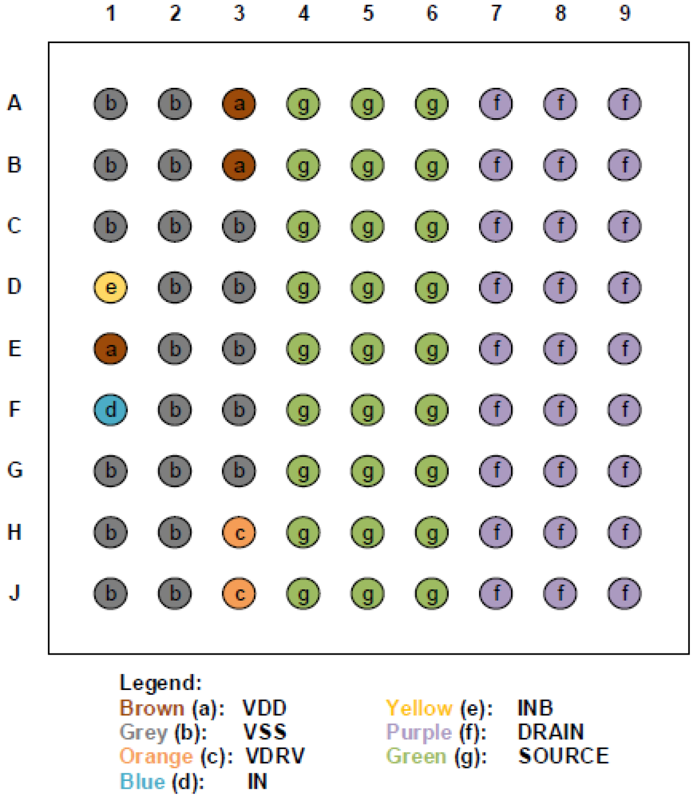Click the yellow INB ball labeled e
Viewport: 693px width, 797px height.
pyautogui.click(x=110, y=287)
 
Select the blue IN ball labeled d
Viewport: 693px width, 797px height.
pyautogui.click(x=110, y=410)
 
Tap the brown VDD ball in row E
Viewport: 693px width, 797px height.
pyautogui.click(x=110, y=348)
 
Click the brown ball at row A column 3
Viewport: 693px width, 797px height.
pyautogui.click(x=239, y=103)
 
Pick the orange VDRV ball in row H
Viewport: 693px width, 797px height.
pyautogui.click(x=239, y=532)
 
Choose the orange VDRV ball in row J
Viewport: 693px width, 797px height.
pyautogui.click(x=239, y=593)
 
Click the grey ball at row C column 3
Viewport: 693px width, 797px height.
pyautogui.click(x=239, y=226)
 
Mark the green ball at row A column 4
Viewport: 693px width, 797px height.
pyautogui.click(x=303, y=103)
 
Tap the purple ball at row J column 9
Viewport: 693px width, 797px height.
pyautogui.click(x=624, y=593)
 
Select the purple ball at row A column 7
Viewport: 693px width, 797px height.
pyautogui.click(x=495, y=103)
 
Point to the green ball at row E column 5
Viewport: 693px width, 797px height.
pyautogui.click(x=367, y=348)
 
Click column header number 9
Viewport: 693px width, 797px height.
pyautogui.click(x=624, y=13)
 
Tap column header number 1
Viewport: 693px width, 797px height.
pyautogui.click(x=111, y=13)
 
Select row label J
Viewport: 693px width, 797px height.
pyautogui.click(x=15, y=592)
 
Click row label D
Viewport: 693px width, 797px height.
pyautogui.click(x=15, y=286)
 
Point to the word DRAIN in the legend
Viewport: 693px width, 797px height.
pyautogui.click(x=550, y=732)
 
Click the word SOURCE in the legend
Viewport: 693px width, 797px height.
pyautogui.click(x=563, y=756)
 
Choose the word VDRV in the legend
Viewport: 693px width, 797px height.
pyautogui.click(x=275, y=756)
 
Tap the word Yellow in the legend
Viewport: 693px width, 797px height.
pyautogui.click(x=419, y=708)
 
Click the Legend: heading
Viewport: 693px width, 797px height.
pyautogui.click(x=161, y=683)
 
